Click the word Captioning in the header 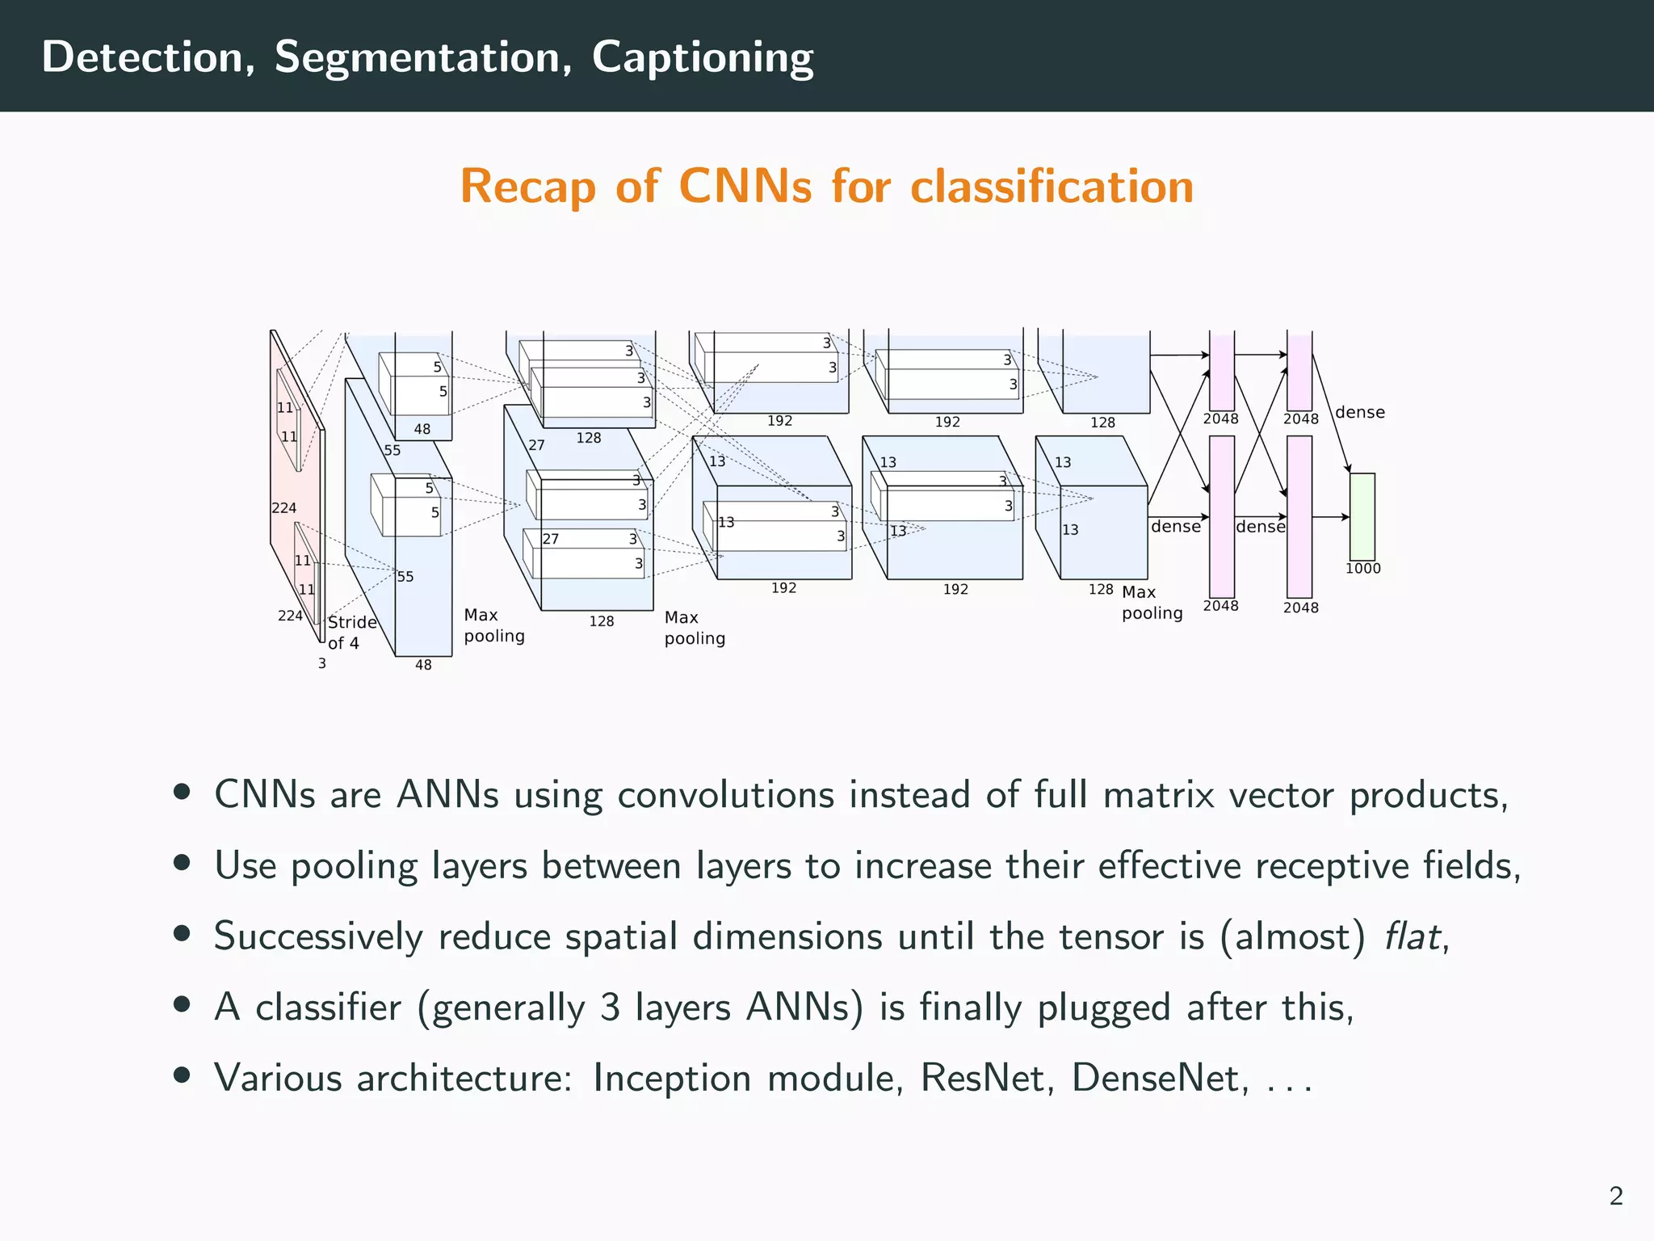click(702, 58)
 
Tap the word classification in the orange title click(1052, 187)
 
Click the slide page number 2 click(1615, 1196)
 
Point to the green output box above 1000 click(1362, 516)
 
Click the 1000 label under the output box click(1363, 569)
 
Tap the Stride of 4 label click(351, 633)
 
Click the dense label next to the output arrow click(1360, 412)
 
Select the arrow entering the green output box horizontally click(1331, 517)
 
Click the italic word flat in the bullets click(1412, 937)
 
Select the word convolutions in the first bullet click(725, 796)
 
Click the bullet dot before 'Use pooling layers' click(183, 863)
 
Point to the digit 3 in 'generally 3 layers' click(611, 1008)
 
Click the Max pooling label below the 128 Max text click(1152, 603)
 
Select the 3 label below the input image click(322, 663)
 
